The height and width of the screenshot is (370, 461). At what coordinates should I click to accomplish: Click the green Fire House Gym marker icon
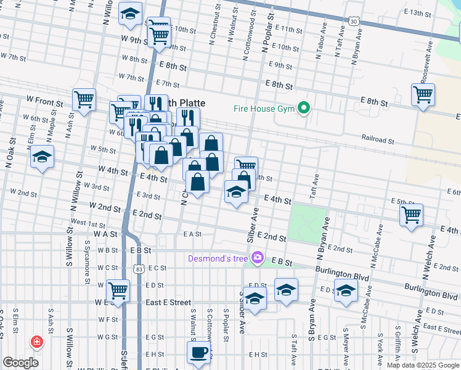(x=303, y=109)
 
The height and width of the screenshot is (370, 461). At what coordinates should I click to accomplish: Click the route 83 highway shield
(x=140, y=269)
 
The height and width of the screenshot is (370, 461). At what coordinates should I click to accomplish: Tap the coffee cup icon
(x=198, y=352)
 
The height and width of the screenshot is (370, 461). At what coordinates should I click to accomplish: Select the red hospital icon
(x=37, y=341)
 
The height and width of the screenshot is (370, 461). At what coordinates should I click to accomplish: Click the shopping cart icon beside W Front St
(x=84, y=99)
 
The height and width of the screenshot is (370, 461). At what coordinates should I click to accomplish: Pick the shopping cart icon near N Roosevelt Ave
(x=423, y=94)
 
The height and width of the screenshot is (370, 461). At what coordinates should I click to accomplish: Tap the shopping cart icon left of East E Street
(x=117, y=289)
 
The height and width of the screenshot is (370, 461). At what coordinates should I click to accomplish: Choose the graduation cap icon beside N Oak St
(x=43, y=157)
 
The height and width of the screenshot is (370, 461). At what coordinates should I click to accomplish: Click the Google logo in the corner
(x=20, y=363)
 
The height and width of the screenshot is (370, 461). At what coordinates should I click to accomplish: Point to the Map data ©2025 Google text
(x=423, y=365)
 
